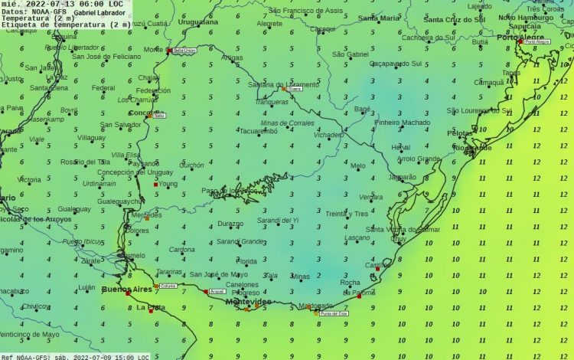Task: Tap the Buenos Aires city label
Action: click(126, 290)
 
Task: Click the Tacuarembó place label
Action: click(260, 131)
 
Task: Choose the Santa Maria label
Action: click(379, 18)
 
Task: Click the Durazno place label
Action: click(230, 224)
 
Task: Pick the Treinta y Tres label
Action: click(347, 214)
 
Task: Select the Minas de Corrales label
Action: click(287, 123)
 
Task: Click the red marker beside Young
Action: click(155, 185)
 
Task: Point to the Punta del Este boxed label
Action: click(334, 313)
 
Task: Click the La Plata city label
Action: click(151, 308)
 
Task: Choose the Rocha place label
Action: click(349, 283)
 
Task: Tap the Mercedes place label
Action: click(147, 215)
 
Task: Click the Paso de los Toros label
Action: click(230, 191)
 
